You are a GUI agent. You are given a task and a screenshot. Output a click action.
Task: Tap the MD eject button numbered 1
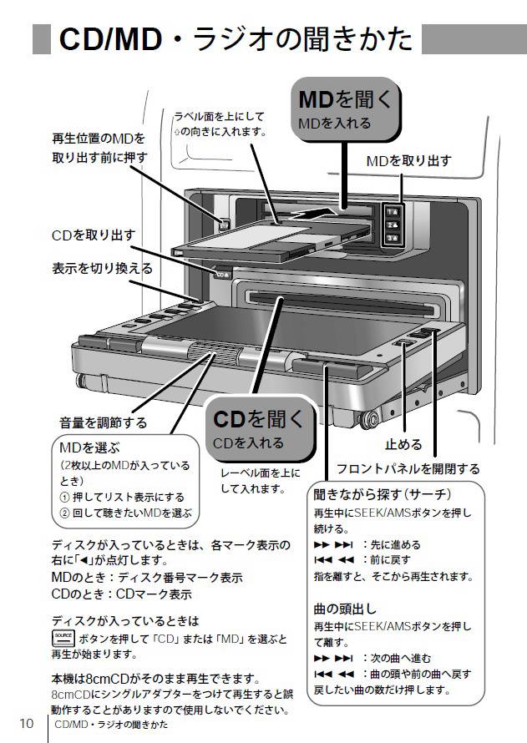(x=393, y=212)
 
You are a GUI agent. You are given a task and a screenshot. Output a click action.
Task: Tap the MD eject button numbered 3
(x=393, y=238)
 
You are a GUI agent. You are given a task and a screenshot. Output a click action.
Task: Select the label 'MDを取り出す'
(x=409, y=161)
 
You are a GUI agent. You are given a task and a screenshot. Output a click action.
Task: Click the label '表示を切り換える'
(x=103, y=268)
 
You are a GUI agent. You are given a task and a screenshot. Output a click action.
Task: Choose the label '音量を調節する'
(x=104, y=422)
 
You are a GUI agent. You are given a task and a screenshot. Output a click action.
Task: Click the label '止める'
(x=403, y=444)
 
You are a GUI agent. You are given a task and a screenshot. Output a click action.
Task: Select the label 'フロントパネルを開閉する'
(x=408, y=468)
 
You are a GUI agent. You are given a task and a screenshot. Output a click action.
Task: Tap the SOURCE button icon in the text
(x=63, y=639)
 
